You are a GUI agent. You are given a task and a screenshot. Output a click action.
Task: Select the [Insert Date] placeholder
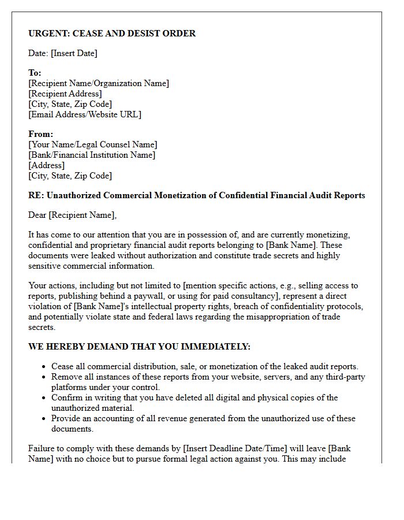pos(74,53)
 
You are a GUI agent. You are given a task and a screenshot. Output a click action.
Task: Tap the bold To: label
pos(35,73)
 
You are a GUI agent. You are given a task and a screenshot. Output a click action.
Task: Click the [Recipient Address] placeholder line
pos(65,94)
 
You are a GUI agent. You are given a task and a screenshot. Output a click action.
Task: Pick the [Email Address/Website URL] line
pos(84,114)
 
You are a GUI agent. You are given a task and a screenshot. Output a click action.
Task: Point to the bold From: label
pos(40,134)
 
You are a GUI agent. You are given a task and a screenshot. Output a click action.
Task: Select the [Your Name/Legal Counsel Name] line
pos(92,144)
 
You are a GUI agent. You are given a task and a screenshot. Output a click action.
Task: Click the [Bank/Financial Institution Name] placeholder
pos(92,155)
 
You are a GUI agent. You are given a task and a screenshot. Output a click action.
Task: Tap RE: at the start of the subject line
pos(36,195)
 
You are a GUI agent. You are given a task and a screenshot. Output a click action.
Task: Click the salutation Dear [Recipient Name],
pos(72,216)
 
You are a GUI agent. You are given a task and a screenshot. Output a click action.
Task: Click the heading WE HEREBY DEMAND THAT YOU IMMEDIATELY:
pos(139,347)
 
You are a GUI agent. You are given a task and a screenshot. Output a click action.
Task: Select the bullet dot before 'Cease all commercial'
pos(44,367)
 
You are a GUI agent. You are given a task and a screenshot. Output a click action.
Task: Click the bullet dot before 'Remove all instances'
pos(44,377)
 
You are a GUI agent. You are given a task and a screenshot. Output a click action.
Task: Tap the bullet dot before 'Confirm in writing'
pos(44,398)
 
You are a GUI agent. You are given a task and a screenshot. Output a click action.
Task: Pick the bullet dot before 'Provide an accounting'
pos(44,419)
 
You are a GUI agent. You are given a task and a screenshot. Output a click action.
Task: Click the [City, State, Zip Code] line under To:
pos(70,104)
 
